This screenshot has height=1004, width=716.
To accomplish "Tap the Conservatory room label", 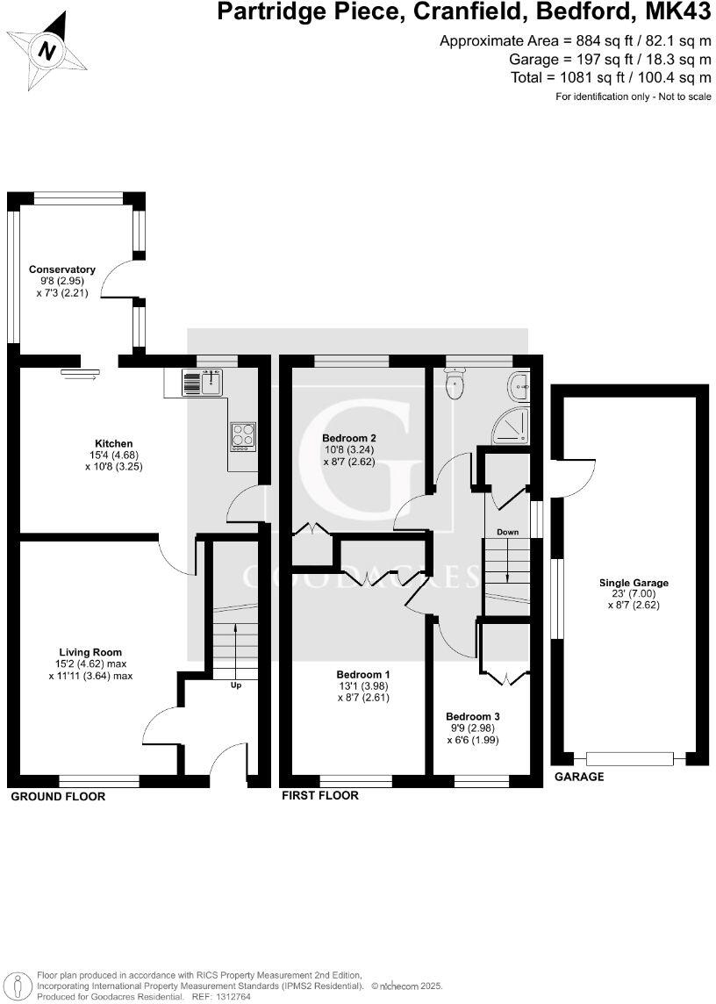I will pos(61,269).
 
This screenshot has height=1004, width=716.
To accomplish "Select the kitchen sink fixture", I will pos(203,383).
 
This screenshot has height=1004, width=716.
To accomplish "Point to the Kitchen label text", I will pos(114,443).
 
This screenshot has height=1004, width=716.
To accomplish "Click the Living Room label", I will pos(89,652).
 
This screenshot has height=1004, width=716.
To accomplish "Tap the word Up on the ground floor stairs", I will pos(236,685).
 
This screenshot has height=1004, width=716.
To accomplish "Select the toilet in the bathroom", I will pos(455,384).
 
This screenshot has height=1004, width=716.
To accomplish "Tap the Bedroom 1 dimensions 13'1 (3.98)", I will pos(362,685).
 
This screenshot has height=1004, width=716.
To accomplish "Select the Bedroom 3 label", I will pos(472,715).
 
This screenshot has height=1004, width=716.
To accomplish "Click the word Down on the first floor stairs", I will pos(507,532).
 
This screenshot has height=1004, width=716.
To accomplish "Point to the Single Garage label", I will pos(634,582).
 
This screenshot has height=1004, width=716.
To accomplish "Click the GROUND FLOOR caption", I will pos(58,797).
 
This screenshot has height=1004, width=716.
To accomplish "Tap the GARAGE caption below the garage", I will pos(578,777).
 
